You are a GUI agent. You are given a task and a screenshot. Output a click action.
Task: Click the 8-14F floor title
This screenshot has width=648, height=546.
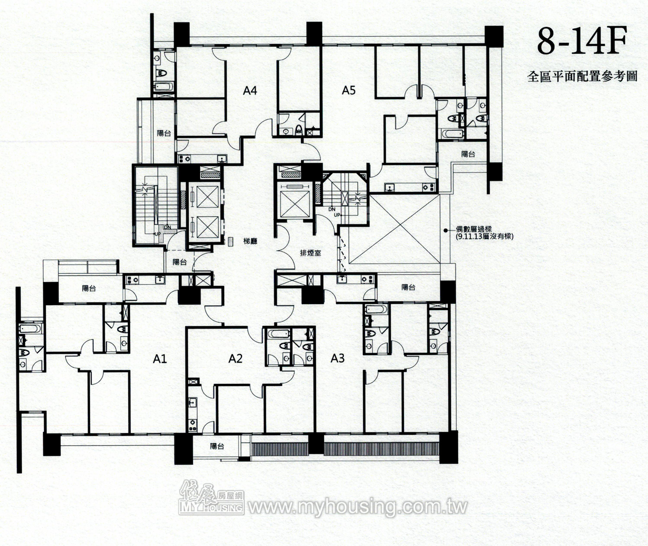[x=582, y=41]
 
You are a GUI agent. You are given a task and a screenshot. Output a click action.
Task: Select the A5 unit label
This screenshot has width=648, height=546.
[x=349, y=90]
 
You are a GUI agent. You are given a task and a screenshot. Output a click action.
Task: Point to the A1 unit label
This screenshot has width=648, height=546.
[x=160, y=359]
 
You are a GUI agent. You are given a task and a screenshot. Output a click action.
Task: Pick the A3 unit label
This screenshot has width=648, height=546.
[x=337, y=358]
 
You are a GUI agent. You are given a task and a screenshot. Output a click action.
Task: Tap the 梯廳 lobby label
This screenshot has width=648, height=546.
[x=250, y=241]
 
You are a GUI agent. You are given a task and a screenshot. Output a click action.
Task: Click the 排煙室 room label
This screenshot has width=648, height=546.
[x=311, y=253]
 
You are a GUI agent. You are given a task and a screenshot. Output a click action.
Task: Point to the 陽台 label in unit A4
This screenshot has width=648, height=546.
[x=164, y=133]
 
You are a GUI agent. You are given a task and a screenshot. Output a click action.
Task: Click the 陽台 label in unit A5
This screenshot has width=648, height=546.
[x=468, y=154]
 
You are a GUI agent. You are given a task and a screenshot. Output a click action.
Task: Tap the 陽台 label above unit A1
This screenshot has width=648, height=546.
[x=89, y=288]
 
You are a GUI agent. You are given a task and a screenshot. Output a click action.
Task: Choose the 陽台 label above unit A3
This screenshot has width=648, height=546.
[x=408, y=287]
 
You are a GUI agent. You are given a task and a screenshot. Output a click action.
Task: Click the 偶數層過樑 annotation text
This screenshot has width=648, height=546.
[x=474, y=230]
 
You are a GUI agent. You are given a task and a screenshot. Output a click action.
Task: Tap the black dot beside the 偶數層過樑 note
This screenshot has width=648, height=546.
[x=445, y=230]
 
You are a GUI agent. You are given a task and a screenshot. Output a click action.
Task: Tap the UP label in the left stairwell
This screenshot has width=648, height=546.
[x=157, y=234]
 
